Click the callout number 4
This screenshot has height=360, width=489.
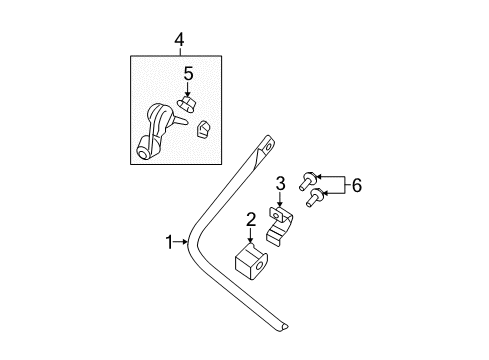179,40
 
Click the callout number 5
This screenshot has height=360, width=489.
187,73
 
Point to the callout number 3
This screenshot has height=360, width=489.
281,183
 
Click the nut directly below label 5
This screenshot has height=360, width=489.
187,104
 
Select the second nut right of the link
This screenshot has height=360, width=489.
203,130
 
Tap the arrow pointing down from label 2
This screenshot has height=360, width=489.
251,236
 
